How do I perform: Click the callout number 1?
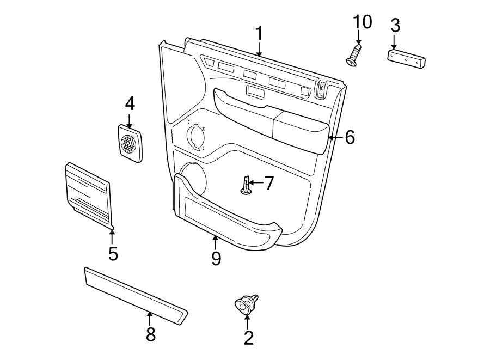259,33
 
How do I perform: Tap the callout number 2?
248,338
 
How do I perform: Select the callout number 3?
395,25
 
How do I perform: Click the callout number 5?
113,253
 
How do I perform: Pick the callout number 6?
349,137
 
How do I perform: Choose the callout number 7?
269,183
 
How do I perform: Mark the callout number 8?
150,334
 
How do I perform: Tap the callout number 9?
216,258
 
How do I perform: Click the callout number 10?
362,22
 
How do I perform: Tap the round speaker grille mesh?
129,143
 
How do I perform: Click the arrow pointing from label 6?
335,137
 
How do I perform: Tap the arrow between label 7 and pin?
258,184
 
